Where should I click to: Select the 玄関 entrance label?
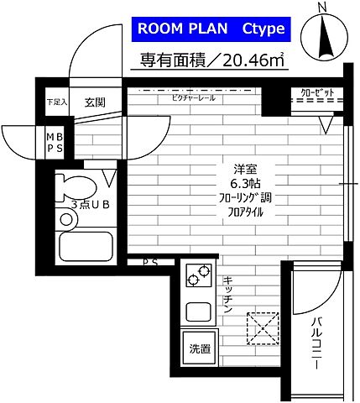click(93, 102)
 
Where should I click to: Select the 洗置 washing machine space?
click(199, 348)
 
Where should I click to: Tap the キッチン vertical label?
click(227, 295)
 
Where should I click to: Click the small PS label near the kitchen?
click(149, 263)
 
